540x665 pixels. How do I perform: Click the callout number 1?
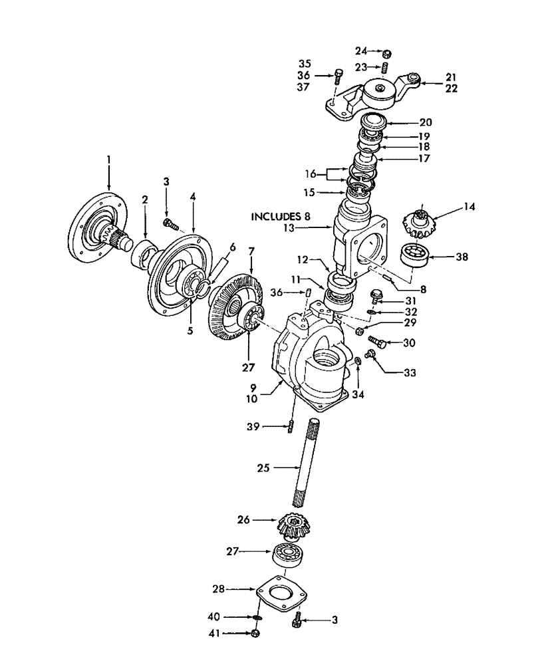(x=109, y=160)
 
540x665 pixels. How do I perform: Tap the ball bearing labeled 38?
(x=414, y=255)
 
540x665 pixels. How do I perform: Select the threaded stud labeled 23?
(x=385, y=67)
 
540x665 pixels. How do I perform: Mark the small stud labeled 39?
(x=291, y=426)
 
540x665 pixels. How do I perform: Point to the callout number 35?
(x=305, y=64)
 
